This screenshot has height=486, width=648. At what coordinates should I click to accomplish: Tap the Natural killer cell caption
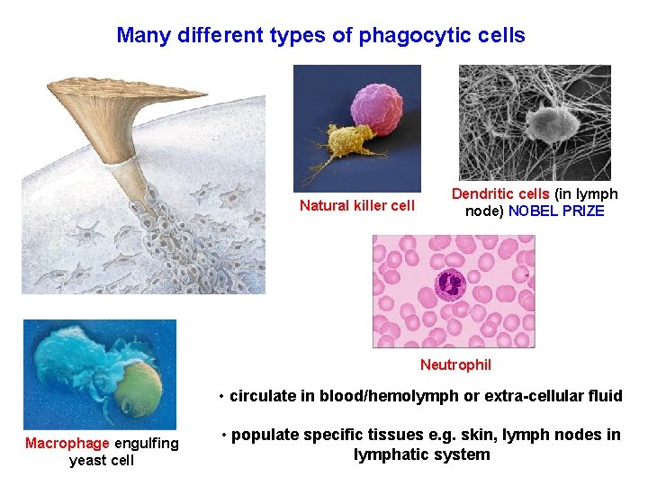[357, 205]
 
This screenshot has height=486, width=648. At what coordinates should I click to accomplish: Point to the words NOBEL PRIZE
[556, 211]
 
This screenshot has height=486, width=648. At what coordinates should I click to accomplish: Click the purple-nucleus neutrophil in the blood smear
[449, 285]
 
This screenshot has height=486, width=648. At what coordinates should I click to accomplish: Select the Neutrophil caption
[455, 364]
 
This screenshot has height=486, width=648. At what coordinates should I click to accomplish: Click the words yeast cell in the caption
[102, 461]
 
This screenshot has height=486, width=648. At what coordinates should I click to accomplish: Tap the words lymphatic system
[421, 454]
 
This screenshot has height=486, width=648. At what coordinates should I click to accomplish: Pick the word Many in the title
[143, 36]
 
